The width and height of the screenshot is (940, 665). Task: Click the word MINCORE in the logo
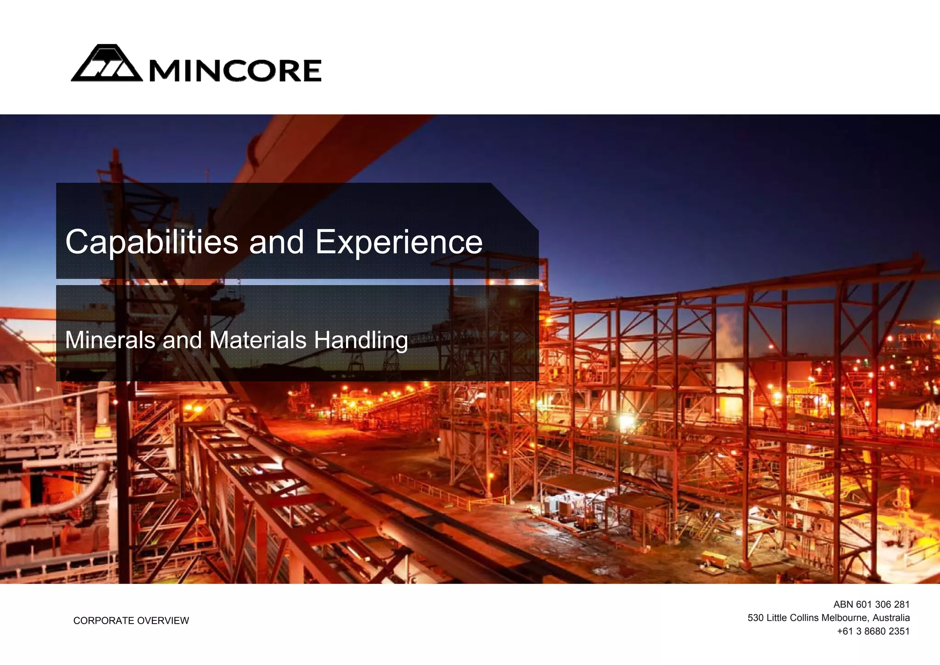point(235,71)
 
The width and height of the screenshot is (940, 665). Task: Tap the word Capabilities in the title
point(151,242)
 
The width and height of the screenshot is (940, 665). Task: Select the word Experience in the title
point(398,242)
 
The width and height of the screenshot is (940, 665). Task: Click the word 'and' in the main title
point(276,242)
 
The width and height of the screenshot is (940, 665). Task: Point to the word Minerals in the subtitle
point(110,340)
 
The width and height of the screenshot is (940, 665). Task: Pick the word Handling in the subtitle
point(361,341)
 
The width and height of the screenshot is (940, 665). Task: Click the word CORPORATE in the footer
point(104,621)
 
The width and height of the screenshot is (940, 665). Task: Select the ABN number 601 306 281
point(883,604)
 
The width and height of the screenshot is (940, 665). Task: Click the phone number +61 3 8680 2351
point(873,631)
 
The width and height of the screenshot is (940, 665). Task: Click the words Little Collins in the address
point(793,618)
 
